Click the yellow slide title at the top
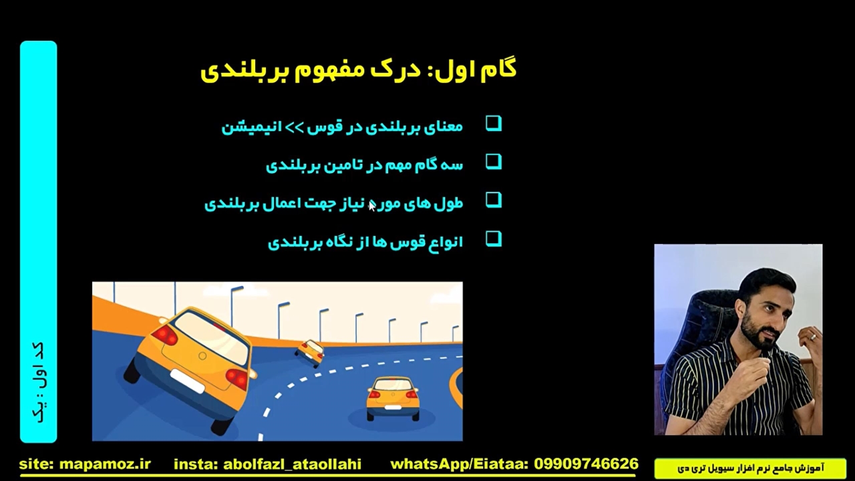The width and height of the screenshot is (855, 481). coord(359,70)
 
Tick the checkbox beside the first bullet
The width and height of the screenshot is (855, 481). coord(494,124)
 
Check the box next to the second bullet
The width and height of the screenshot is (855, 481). coord(494,162)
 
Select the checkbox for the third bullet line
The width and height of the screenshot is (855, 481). coord(494,200)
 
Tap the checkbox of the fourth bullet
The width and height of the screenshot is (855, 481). coord(494,239)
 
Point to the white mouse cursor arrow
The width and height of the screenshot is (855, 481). coord(372,206)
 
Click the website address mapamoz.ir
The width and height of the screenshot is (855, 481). coord(105,464)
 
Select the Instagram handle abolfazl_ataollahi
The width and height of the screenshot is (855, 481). coord(292,464)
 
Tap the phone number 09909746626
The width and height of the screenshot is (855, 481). coord(586,464)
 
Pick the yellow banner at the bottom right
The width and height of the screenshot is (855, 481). coord(750,468)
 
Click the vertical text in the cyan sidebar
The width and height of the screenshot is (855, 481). coord(39,381)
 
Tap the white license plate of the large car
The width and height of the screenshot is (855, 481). coord(188,381)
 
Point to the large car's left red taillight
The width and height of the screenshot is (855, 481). coord(165,335)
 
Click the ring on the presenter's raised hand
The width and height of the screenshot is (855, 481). coord(812,337)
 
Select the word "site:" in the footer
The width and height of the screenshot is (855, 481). coord(37,464)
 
